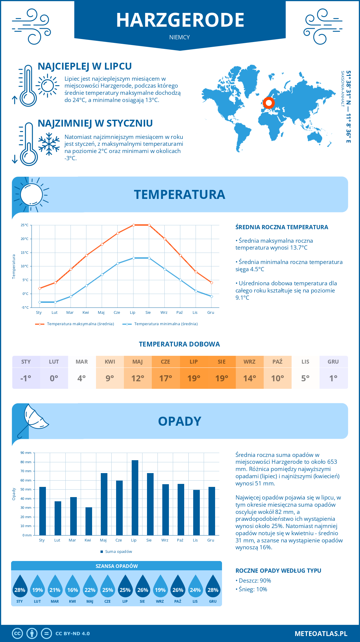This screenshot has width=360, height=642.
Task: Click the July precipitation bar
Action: click(135, 498)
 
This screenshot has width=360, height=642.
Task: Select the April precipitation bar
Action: click(89, 521)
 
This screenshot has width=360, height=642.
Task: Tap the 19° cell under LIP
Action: click(194, 378)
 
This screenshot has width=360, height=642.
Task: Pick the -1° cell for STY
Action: click(26, 378)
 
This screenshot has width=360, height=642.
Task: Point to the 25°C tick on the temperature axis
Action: click(25, 225)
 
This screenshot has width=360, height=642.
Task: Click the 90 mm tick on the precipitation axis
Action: click(26, 453)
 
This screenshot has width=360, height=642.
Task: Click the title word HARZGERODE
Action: click(180, 20)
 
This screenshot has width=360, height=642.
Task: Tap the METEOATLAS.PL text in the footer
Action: click(321, 634)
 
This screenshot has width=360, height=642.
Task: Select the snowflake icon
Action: click(49, 144)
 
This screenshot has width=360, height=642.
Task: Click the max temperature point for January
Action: click(40, 288)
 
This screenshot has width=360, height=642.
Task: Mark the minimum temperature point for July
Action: click(133, 258)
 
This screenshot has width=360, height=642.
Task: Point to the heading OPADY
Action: click(179, 421)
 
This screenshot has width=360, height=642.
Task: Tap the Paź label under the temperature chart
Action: click(179, 313)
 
